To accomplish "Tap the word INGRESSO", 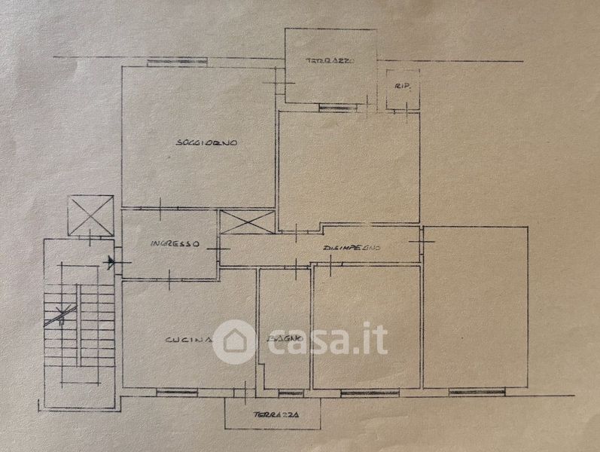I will coord(174,244).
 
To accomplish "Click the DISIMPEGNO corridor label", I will coord(352,248).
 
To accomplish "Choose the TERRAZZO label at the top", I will coord(330,60).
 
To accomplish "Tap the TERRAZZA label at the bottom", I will coord(275,415).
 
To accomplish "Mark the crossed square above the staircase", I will coord(90,216).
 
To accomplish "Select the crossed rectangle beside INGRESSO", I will coord(247,223).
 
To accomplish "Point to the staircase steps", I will coord(79,316).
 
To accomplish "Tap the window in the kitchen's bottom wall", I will coord(178,391).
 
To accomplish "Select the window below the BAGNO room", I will coord(290,392).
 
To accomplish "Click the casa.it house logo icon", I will coord(233,341).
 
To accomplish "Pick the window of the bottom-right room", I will coord(477,392).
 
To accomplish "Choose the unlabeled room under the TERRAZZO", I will coord(348,169).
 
